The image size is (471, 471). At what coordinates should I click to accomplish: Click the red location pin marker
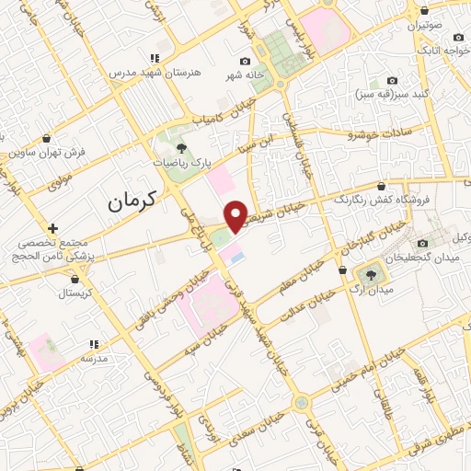(235, 217)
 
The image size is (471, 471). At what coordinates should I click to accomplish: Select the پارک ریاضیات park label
(182, 161)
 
